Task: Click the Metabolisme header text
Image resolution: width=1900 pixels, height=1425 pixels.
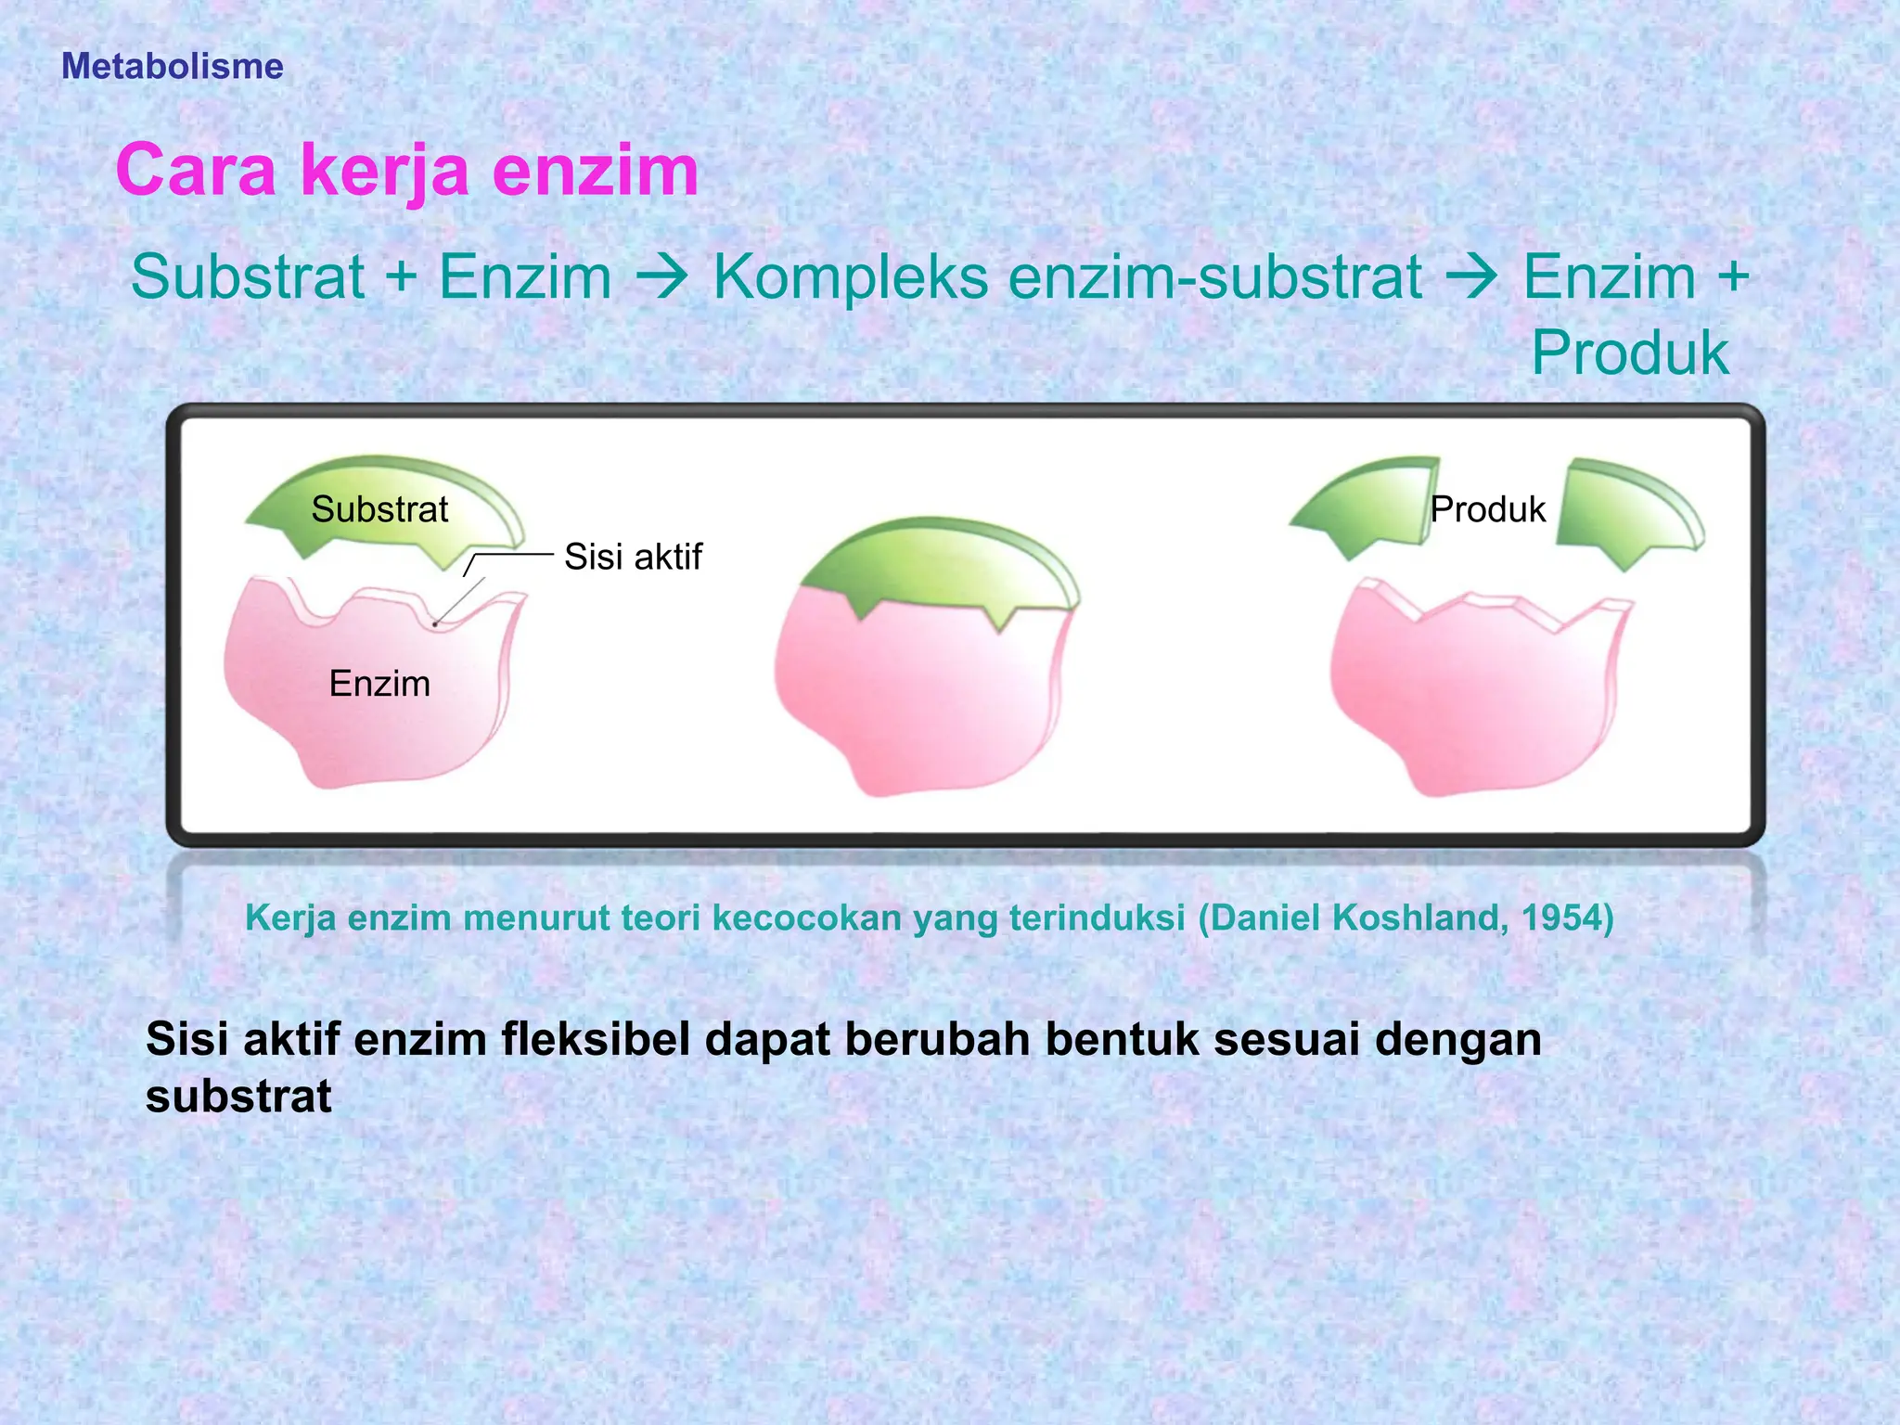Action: pos(172,67)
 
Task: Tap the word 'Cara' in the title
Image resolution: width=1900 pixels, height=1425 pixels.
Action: pos(196,171)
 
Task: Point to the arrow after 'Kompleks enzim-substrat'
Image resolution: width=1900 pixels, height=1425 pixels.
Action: pos(1471,277)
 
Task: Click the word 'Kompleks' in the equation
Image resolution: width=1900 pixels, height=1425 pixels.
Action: pos(850,277)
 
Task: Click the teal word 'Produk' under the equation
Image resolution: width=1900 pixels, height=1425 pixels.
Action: pos(1629,353)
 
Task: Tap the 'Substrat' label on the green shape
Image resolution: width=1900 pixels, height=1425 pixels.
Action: pos(379,509)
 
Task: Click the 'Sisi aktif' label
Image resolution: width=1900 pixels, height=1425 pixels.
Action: pos(633,557)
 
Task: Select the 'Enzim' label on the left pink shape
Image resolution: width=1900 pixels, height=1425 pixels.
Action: pos(379,684)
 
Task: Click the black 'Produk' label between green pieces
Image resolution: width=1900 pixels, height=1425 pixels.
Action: pos(1487,509)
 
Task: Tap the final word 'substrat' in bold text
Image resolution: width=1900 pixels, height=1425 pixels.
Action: pos(238,1097)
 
